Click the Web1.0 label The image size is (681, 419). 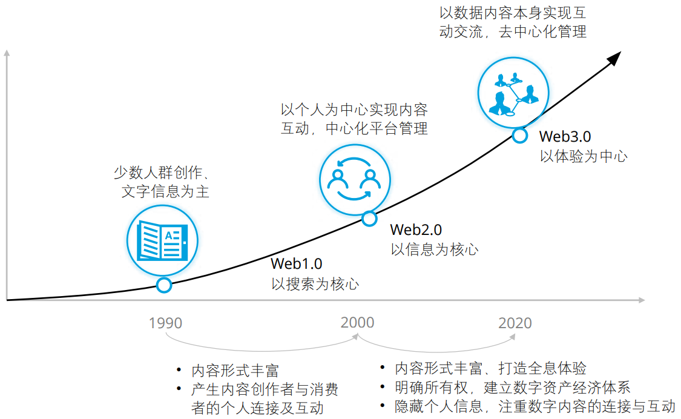point(296,263)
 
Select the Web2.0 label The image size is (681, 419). point(416,229)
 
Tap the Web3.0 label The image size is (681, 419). point(565,136)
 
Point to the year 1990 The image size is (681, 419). point(165,323)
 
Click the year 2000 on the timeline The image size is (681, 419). point(357,323)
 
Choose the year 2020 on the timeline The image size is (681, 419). point(515,323)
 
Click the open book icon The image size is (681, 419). point(162,240)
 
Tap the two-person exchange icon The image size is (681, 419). point(355,179)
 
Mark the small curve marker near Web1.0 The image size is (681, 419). point(164,285)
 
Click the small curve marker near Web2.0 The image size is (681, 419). point(369,219)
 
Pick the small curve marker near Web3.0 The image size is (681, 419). point(520,136)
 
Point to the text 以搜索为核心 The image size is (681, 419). point(315,284)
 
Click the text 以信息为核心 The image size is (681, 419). point(434,249)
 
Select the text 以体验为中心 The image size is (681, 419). point(584,156)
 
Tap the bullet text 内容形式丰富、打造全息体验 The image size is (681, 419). point(490,368)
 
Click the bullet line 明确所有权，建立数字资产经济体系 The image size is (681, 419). point(512,388)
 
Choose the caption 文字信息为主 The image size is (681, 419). point(165,191)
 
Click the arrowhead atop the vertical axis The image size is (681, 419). point(7,53)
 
